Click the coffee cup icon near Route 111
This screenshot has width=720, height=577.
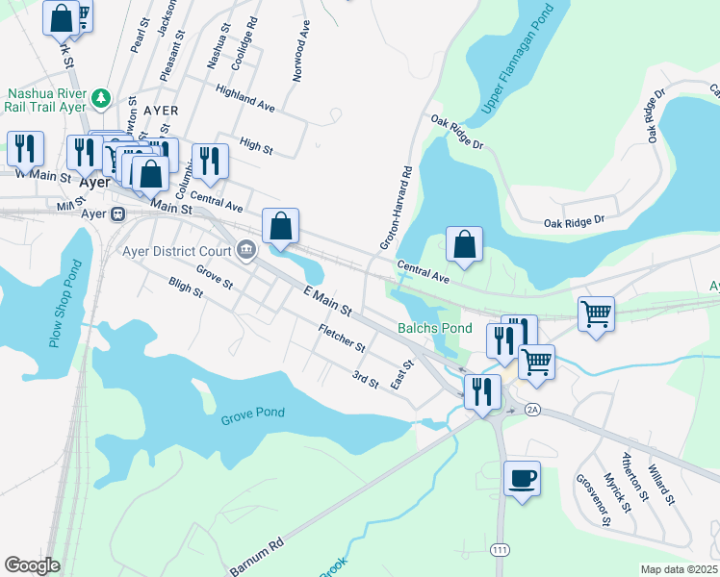click(522, 479)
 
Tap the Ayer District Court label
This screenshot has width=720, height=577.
click(177, 252)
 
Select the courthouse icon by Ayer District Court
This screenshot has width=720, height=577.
click(247, 252)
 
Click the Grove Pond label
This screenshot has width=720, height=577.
click(253, 414)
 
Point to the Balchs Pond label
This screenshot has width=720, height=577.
click(435, 329)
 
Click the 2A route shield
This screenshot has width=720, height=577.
click(532, 410)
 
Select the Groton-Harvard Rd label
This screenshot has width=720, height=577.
click(396, 208)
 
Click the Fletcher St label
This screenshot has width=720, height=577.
click(342, 339)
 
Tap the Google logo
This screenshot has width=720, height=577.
click(33, 565)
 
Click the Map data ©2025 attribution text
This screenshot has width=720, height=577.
click(679, 569)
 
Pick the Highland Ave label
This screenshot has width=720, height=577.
click(245, 98)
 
